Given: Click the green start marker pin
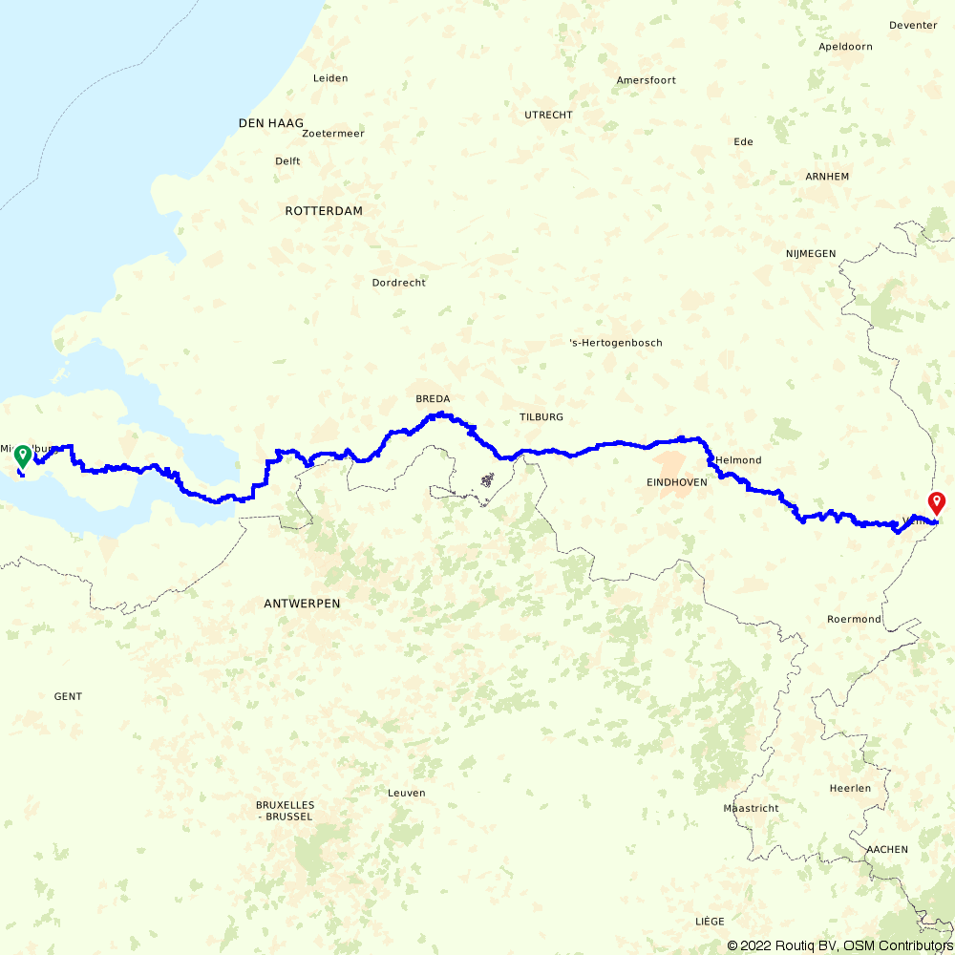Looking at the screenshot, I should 21,456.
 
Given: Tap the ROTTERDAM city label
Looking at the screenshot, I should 324,211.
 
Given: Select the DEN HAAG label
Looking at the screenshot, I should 271,123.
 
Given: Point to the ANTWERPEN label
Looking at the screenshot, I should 302,604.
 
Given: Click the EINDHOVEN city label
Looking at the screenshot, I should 677,482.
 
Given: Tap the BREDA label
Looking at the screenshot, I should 433,399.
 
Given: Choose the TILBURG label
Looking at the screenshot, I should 541,417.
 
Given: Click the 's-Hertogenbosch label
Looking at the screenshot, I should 615,343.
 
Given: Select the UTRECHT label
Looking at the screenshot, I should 548,115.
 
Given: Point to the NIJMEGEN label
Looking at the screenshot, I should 811,253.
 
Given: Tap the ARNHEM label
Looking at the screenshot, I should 827,177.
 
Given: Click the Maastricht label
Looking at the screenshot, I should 752,808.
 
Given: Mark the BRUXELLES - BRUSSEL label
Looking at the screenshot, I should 285,811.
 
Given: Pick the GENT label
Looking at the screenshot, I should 68,696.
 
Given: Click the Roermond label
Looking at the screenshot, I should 854,619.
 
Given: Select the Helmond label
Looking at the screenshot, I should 739,460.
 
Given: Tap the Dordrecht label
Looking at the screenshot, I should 399,283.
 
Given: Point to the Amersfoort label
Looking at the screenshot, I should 647,80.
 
